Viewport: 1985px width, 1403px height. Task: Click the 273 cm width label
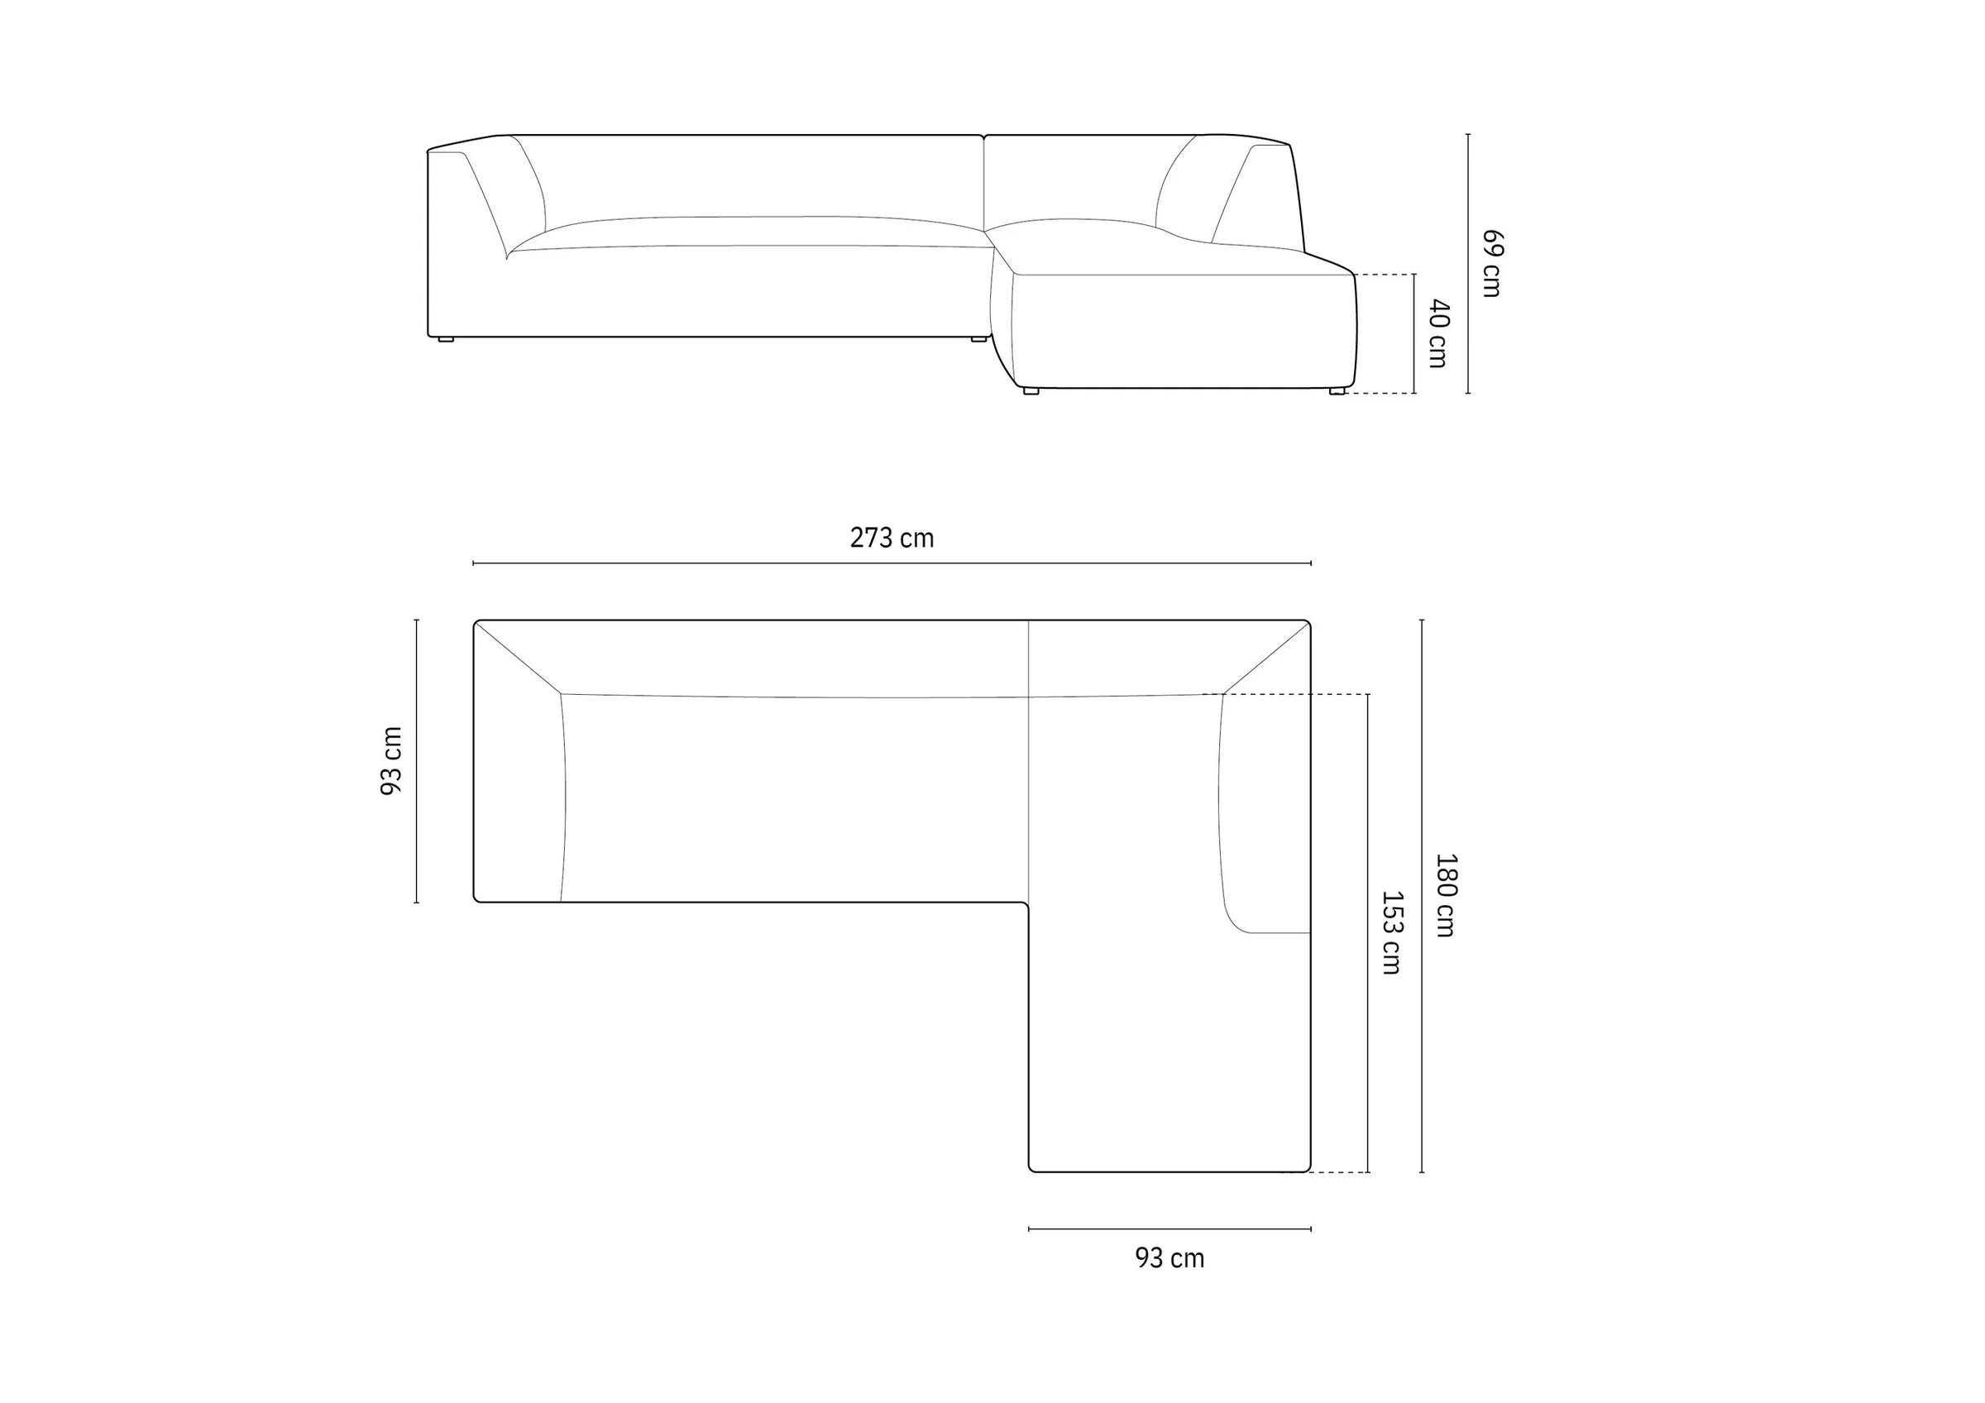(x=892, y=538)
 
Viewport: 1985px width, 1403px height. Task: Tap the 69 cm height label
(x=1491, y=263)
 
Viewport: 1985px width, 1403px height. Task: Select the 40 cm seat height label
(x=1437, y=333)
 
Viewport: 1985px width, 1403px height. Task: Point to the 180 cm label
(x=1445, y=895)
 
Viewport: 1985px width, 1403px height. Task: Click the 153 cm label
(x=1391, y=933)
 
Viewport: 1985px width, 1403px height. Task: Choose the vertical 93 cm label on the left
(x=392, y=761)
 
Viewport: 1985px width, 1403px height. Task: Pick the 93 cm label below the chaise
(x=1169, y=1258)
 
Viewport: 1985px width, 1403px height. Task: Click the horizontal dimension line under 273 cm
(x=892, y=563)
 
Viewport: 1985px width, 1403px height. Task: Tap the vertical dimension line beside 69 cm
(x=1468, y=264)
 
